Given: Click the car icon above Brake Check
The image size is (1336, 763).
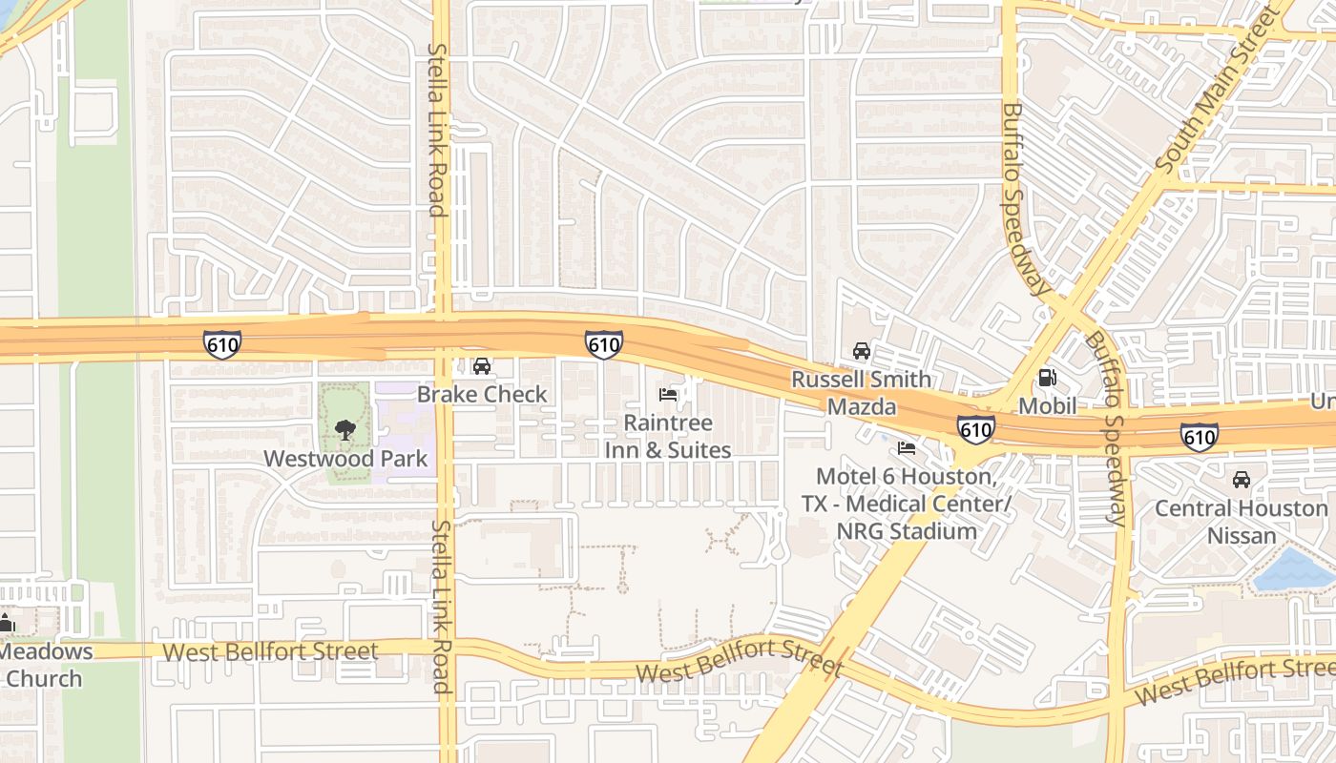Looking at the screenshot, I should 482,366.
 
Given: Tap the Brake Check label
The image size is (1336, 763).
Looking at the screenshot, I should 482,394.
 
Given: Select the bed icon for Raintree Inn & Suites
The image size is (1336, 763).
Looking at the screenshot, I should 668,394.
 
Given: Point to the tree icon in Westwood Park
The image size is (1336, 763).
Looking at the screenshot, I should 345,430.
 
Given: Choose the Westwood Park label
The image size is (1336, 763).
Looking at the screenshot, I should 345,459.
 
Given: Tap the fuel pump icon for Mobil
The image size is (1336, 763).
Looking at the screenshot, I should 1047,378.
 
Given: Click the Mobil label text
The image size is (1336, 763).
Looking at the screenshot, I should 1047,406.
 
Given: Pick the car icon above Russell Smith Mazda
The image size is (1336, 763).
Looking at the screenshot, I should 862,351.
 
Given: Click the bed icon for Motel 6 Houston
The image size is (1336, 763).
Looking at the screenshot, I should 907,447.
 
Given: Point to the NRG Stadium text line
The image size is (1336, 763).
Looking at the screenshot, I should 907,531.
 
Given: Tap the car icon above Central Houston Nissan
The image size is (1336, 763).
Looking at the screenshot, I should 1242,480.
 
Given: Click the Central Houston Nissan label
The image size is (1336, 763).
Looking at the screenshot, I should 1242,522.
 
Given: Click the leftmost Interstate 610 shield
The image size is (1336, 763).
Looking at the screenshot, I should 221,343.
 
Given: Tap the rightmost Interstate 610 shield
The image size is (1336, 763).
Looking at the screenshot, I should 1199,437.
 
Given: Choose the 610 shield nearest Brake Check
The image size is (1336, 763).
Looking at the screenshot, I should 604,344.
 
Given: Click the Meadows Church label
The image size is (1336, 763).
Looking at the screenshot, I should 46,665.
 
